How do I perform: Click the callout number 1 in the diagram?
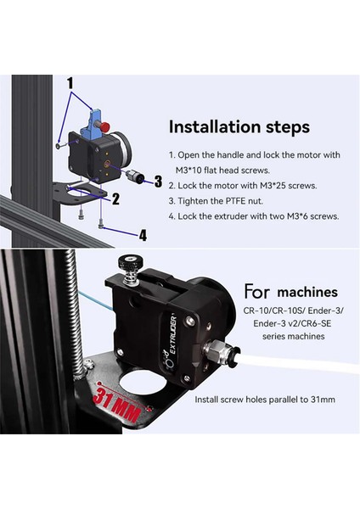tap(70, 83)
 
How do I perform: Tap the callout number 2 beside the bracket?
tap(115, 199)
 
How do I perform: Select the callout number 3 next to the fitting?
tap(158, 182)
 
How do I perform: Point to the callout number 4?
tap(143, 235)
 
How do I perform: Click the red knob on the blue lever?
tap(105, 126)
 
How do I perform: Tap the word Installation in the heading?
tap(215, 127)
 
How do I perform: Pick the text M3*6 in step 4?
tap(298, 216)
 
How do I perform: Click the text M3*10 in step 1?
tap(188, 171)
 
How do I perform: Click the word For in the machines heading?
tap(257, 292)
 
